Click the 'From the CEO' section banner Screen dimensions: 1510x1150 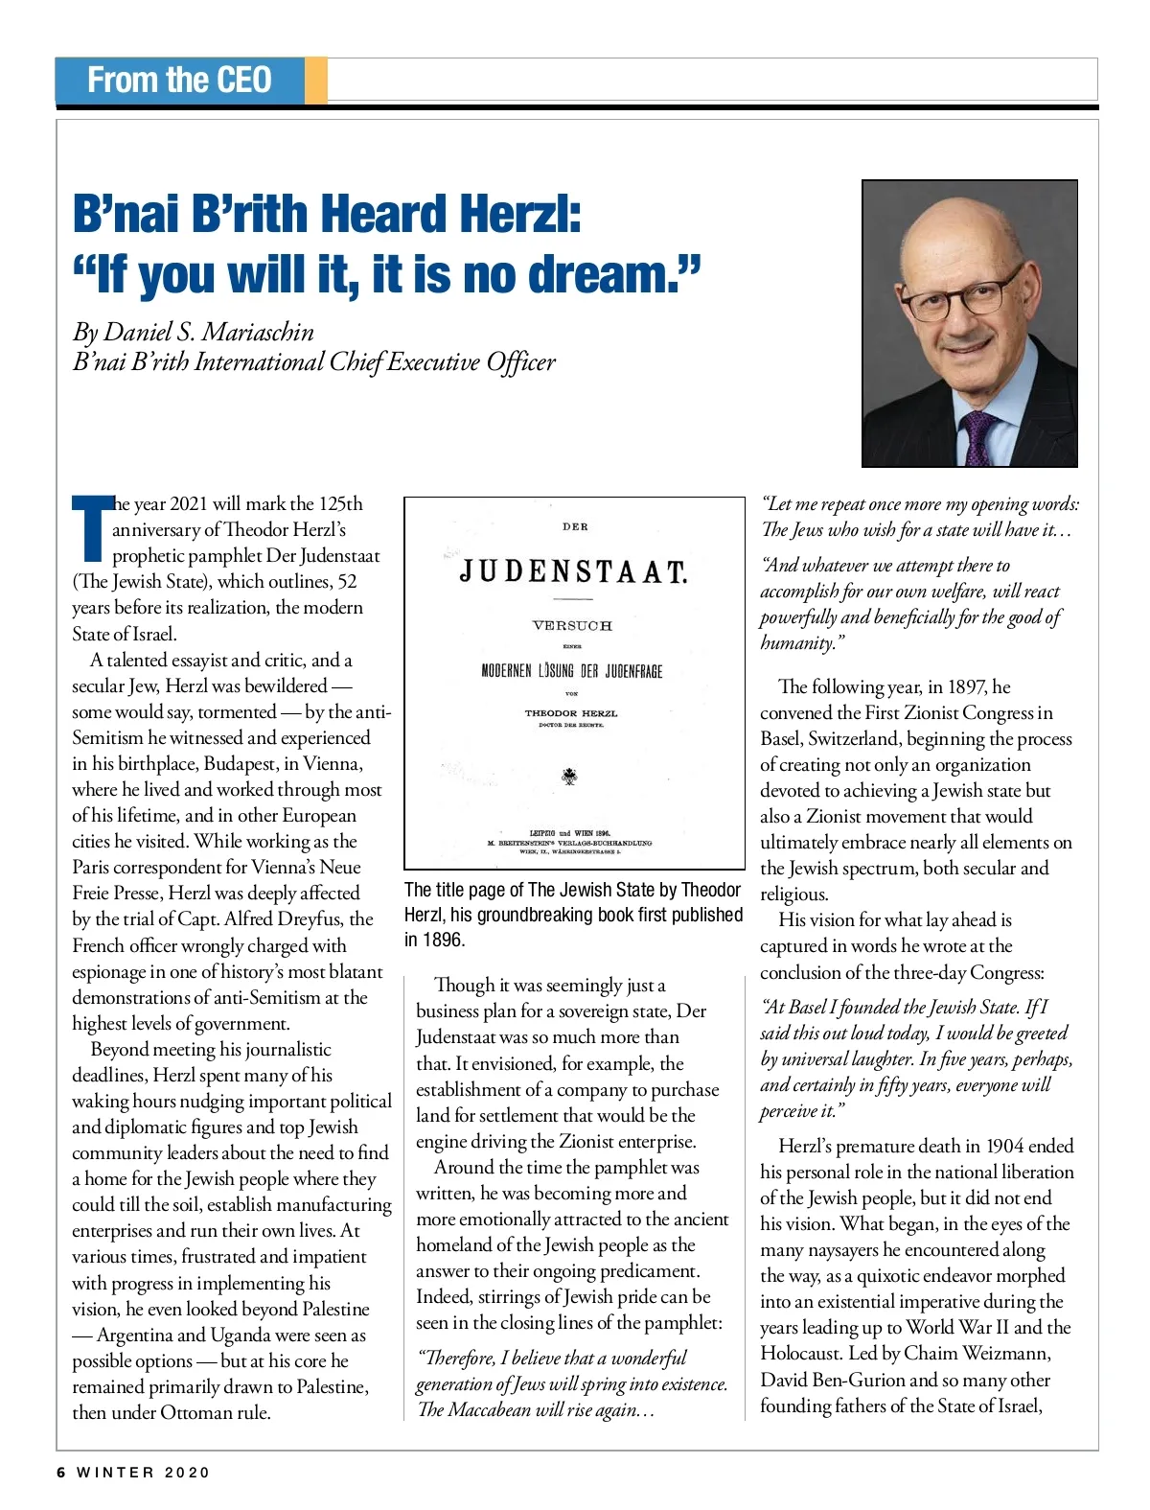tap(180, 80)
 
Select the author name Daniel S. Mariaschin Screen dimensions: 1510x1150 tap(208, 332)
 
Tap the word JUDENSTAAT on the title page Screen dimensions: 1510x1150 tap(573, 572)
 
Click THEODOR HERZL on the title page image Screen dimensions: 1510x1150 tap(571, 713)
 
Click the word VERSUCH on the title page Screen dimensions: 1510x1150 tap(572, 625)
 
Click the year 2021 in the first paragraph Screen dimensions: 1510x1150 tap(188, 503)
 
